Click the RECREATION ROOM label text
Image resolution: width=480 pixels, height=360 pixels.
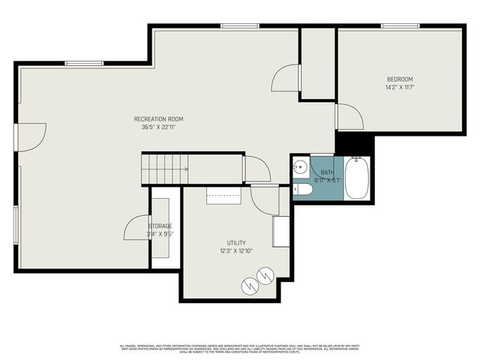click(x=158, y=119)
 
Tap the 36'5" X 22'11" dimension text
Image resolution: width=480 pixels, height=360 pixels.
click(x=158, y=127)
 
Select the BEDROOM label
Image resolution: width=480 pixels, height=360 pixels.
click(x=400, y=79)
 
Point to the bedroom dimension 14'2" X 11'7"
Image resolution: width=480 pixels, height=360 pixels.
click(x=400, y=88)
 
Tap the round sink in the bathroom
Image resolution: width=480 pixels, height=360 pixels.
click(x=300, y=167)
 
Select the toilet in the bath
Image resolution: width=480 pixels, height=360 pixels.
click(x=302, y=190)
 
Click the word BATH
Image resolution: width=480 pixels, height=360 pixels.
click(x=328, y=172)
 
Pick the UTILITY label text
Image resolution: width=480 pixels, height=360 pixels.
click(x=236, y=243)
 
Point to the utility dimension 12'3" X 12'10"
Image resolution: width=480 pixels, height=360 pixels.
click(x=236, y=251)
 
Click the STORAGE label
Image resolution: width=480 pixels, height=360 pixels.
click(x=160, y=226)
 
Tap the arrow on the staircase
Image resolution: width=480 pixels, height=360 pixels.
click(x=184, y=169)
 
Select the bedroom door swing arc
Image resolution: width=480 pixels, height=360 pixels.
click(x=350, y=117)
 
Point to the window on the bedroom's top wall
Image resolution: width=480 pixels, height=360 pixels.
click(x=400, y=26)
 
